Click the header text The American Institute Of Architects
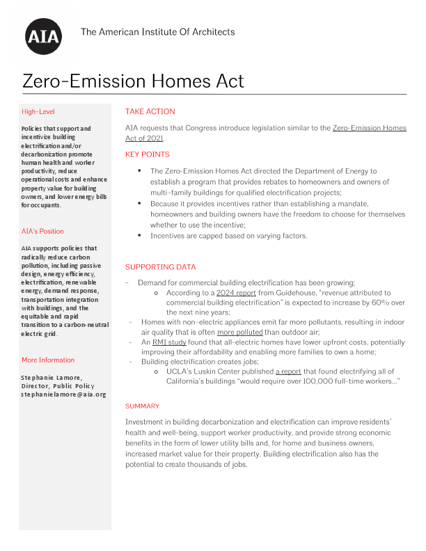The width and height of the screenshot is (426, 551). point(158,32)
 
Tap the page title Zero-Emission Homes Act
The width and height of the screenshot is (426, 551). point(134,81)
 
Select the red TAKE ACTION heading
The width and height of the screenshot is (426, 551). point(150,111)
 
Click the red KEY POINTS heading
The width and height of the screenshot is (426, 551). point(147,154)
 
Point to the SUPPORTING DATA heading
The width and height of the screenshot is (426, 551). point(160,267)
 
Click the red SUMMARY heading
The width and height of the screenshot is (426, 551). point(142,406)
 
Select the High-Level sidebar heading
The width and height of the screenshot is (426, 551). point(38,111)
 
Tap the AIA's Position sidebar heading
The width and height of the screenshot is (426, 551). point(42,231)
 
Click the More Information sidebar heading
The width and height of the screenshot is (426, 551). point(48,360)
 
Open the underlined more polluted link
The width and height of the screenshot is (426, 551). point(240,333)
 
